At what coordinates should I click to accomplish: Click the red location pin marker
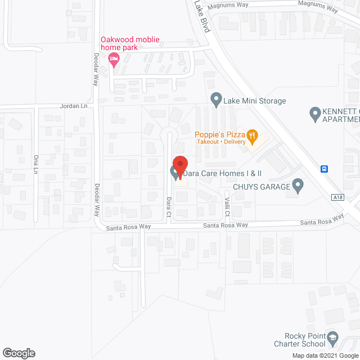pos(179,165)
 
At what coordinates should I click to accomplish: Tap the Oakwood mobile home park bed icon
pos(115,60)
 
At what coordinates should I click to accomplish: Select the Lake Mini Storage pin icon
pos(215,101)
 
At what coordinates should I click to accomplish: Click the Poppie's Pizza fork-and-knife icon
pos(252,135)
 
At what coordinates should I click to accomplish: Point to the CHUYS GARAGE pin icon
pos(298,186)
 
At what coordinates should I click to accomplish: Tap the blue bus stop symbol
pos(325,169)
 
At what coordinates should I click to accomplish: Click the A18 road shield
pos(337,197)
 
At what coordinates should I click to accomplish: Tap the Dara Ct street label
pos(168,206)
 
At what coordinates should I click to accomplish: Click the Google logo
pos(19,353)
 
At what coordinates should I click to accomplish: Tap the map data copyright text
pos(325,355)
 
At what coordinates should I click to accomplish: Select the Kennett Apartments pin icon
pos(315,115)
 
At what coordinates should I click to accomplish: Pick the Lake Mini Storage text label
pos(255,101)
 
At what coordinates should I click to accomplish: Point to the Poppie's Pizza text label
pos(219,134)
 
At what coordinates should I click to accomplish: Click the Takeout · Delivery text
pos(222,142)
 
